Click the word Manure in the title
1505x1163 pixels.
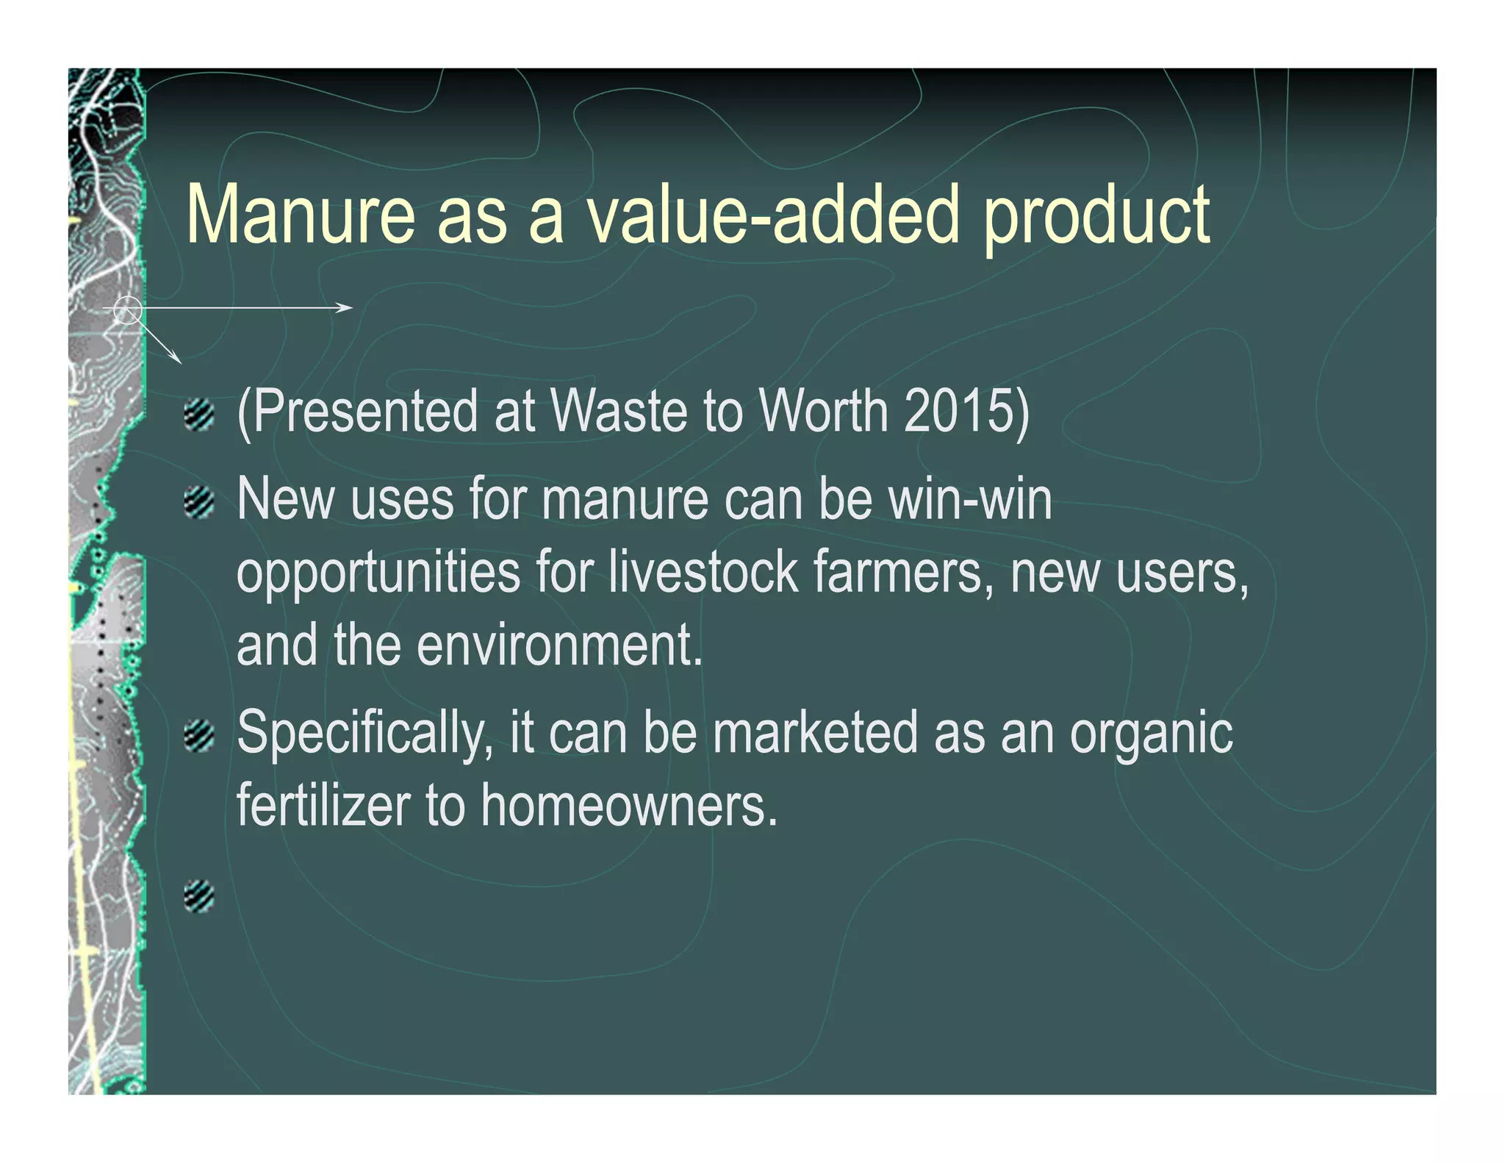pos(301,215)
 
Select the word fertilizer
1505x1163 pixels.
pos(323,804)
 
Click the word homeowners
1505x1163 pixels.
pos(629,804)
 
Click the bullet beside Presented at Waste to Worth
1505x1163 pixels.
pos(198,415)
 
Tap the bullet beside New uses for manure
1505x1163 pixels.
pos(198,504)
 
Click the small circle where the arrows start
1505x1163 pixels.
pos(128,310)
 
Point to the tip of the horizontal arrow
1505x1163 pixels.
pos(351,307)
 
